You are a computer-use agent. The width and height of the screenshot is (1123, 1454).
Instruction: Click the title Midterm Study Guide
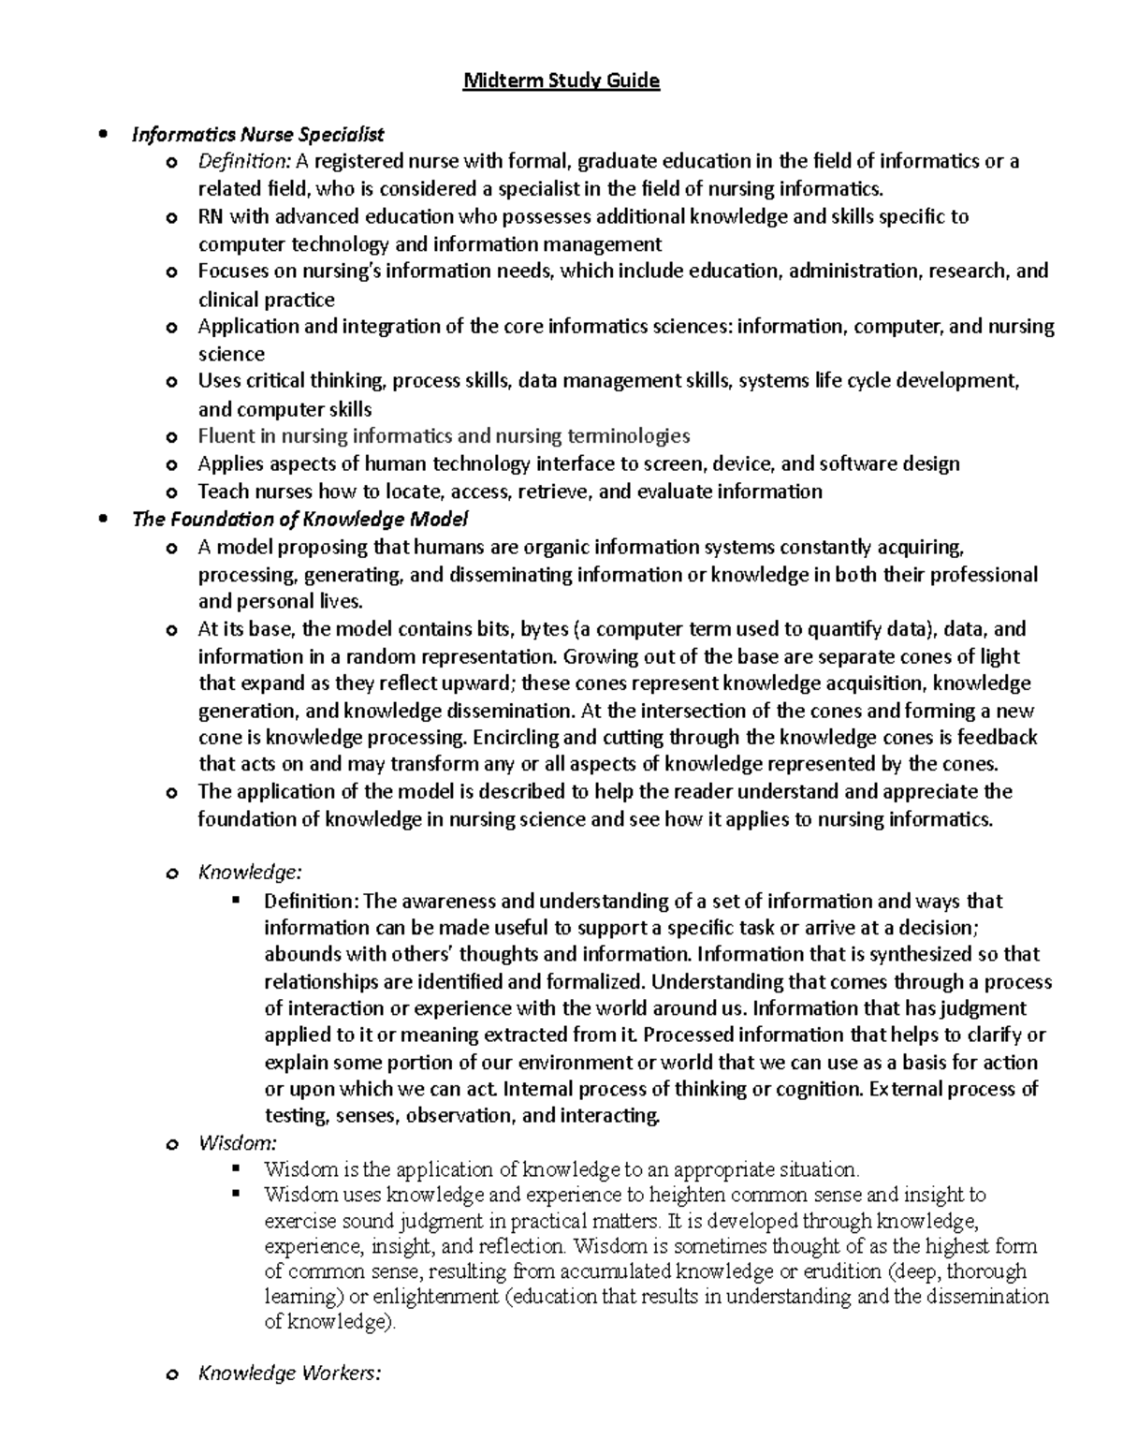pos(561,81)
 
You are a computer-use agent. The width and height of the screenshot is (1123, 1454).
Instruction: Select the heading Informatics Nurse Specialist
pos(257,135)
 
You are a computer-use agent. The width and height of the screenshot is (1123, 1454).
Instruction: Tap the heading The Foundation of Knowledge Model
pos(299,519)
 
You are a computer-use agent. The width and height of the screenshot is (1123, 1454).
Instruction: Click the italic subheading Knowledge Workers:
pos(289,1373)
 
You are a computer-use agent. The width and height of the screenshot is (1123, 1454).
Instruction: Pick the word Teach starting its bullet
pos(223,492)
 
